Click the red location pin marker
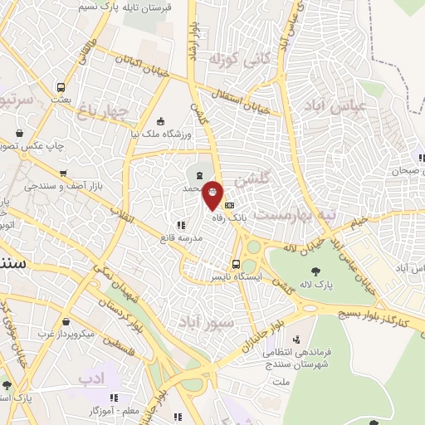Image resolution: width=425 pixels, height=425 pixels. click(213, 194)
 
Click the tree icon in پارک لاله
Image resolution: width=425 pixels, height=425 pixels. click(315, 271)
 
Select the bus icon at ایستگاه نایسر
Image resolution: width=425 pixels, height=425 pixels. click(236, 265)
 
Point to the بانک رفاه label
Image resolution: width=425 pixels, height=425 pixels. click(232, 217)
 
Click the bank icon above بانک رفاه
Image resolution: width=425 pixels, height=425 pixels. click(230, 205)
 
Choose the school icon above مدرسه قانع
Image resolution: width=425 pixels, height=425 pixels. click(180, 224)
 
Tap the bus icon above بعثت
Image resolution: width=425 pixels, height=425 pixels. click(61, 87)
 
